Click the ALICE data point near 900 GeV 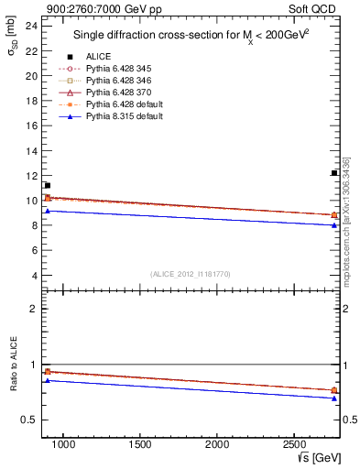[x=48, y=185]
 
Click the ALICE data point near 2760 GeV [x=334, y=173]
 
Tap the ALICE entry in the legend [x=98, y=56]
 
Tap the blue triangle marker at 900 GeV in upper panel [x=48, y=211]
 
